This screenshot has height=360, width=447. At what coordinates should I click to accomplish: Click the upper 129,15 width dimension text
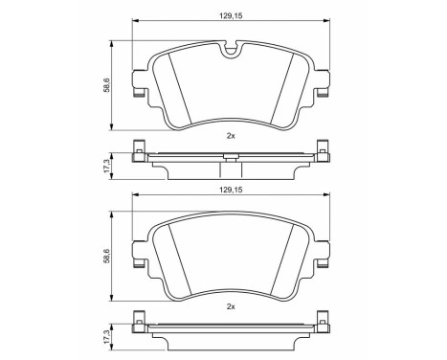click(231, 13)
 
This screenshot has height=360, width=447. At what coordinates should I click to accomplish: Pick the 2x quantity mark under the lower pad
click(231, 306)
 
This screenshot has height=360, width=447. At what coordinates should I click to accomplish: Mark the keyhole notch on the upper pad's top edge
click(231, 49)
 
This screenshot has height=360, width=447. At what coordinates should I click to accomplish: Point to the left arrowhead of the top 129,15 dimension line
click(134, 22)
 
